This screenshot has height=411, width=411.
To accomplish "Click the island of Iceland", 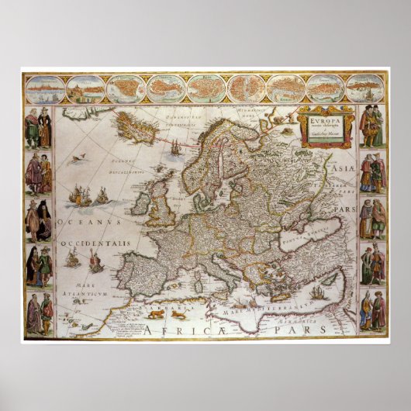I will pos(136,125).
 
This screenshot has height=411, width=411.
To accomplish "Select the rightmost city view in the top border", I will pos(365,89).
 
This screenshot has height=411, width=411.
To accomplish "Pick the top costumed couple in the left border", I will pos(38,129).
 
